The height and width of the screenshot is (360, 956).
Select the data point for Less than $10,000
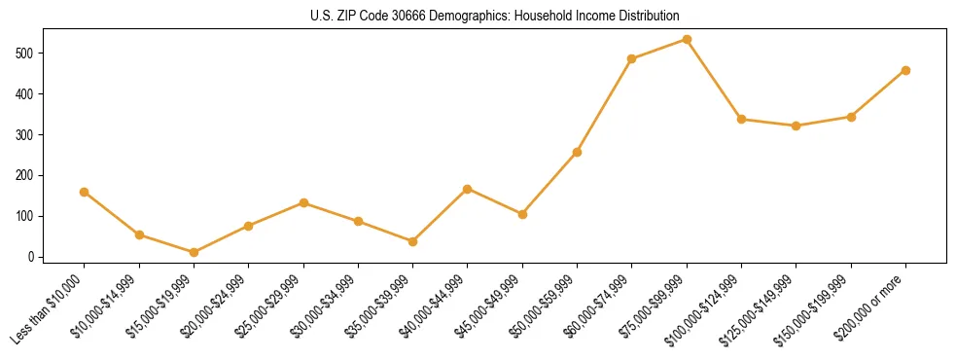click(x=85, y=192)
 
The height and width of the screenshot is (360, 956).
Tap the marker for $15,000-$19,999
click(x=195, y=252)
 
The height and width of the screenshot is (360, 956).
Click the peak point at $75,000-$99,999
click(x=687, y=39)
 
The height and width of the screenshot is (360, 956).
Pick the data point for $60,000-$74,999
click(x=632, y=58)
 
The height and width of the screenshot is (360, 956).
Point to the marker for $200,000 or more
click(x=905, y=70)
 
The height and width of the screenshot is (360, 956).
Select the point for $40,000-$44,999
click(x=468, y=189)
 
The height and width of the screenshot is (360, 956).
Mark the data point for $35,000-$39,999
click(x=413, y=241)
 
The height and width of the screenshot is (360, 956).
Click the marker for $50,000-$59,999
click(x=578, y=152)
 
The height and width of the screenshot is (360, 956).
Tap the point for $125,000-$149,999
click(x=797, y=126)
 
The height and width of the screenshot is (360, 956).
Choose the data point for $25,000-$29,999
click(x=303, y=202)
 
